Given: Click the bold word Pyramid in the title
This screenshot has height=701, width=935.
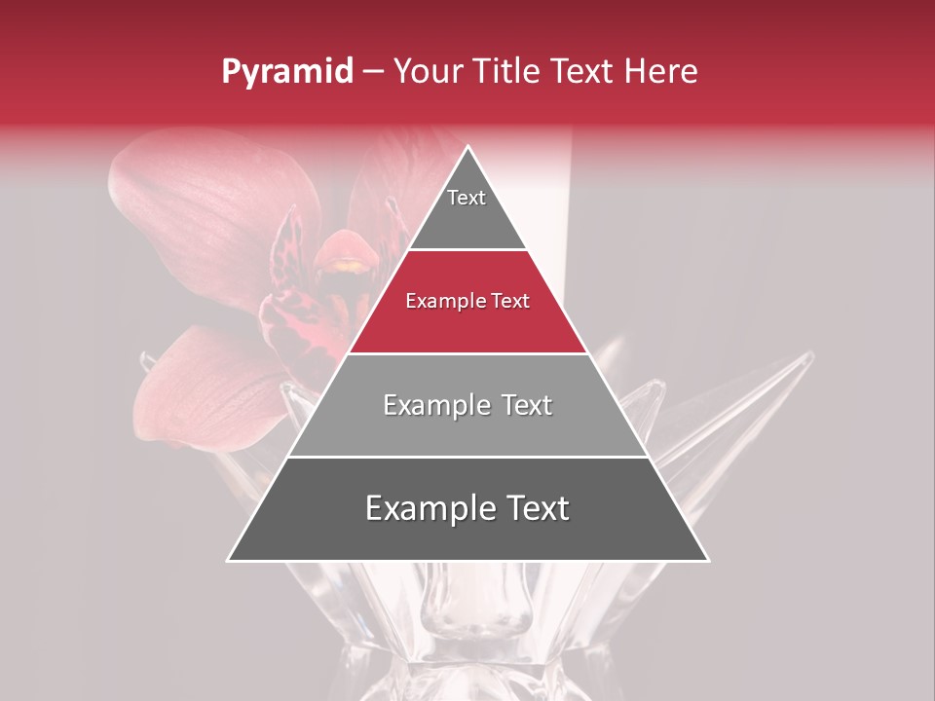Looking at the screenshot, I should click(287, 72).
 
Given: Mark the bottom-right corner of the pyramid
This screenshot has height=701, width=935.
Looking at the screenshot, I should click(707, 560).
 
